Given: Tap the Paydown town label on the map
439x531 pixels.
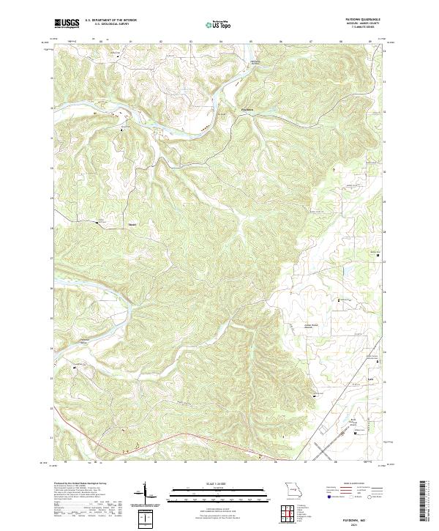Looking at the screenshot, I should tap(247, 110).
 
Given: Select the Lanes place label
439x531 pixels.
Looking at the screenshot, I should tap(370, 379).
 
